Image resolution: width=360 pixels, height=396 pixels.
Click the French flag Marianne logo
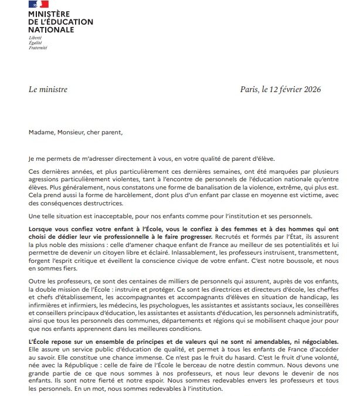click(x=38, y=5)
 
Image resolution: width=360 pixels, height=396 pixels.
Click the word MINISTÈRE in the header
click(x=47, y=14)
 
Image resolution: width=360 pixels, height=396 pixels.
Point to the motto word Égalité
click(x=36, y=42)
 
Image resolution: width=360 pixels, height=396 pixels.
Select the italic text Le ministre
click(x=47, y=90)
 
